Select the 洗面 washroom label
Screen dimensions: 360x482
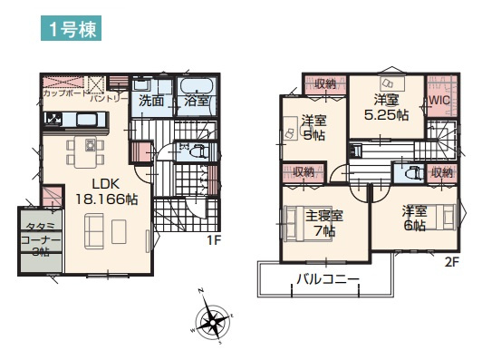(151, 102)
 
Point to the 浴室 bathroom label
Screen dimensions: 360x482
(197, 102)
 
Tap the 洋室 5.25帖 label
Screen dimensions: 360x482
(386, 108)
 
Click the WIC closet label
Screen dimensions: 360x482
(440, 101)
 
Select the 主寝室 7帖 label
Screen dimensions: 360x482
(323, 223)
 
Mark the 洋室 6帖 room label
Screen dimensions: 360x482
(415, 219)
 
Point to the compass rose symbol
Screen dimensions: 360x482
(214, 321)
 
